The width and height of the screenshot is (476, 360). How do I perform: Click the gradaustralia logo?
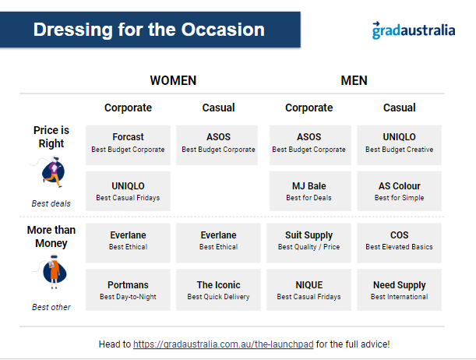click(x=414, y=30)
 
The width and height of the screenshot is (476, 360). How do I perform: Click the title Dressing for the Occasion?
click(x=149, y=30)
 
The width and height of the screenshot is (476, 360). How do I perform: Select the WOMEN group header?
click(x=173, y=80)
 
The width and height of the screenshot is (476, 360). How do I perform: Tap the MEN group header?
click(x=354, y=80)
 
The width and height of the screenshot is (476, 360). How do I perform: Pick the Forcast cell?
click(x=128, y=145)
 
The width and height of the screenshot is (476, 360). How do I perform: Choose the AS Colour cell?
click(x=399, y=191)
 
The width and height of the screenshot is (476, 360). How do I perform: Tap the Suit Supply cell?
click(x=309, y=243)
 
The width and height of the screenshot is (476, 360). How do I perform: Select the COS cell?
click(x=399, y=243)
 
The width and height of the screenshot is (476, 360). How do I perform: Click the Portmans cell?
click(x=128, y=290)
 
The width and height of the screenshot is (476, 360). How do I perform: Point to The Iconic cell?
click(x=218, y=290)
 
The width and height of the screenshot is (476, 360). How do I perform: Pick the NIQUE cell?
click(x=309, y=290)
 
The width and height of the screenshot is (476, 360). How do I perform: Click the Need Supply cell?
click(x=399, y=290)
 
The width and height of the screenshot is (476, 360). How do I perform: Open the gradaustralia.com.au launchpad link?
click(x=223, y=344)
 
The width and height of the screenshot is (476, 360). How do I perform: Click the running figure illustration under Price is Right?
click(x=52, y=171)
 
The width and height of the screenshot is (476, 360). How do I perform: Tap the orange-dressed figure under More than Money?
click(x=54, y=272)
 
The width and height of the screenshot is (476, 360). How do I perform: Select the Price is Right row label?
click(x=51, y=136)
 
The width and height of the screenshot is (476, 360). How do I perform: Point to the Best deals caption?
click(x=51, y=203)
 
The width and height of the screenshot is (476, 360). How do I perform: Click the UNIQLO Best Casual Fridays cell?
click(x=128, y=191)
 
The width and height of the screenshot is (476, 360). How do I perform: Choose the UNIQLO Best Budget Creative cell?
click(x=399, y=145)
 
